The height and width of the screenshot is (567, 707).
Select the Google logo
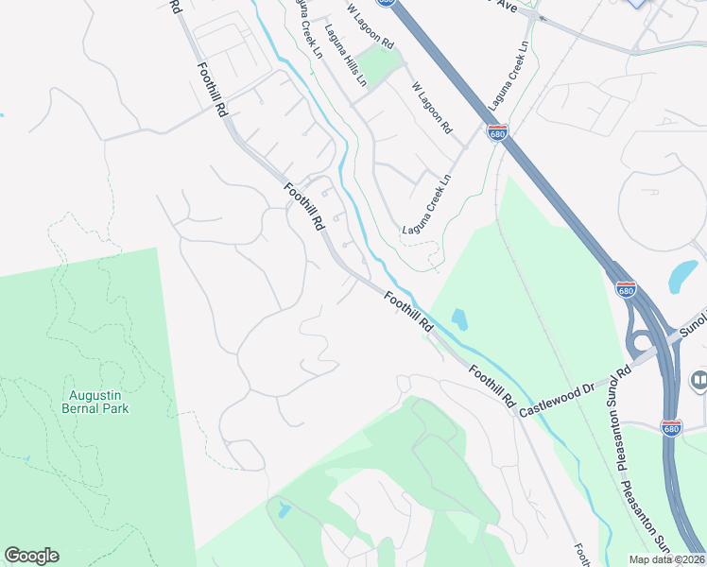pos(31,556)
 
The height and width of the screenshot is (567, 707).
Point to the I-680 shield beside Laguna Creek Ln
pos(497,132)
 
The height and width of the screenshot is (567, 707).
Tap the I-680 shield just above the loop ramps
pos(625,289)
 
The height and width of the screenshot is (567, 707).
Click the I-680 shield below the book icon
pos(671,428)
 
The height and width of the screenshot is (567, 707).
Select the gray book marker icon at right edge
pos(698,381)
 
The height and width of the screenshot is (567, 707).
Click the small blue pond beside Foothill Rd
pos(458,319)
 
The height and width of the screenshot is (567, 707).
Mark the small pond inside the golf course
pos(284,512)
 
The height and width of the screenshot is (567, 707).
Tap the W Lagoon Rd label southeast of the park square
pos(432,107)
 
